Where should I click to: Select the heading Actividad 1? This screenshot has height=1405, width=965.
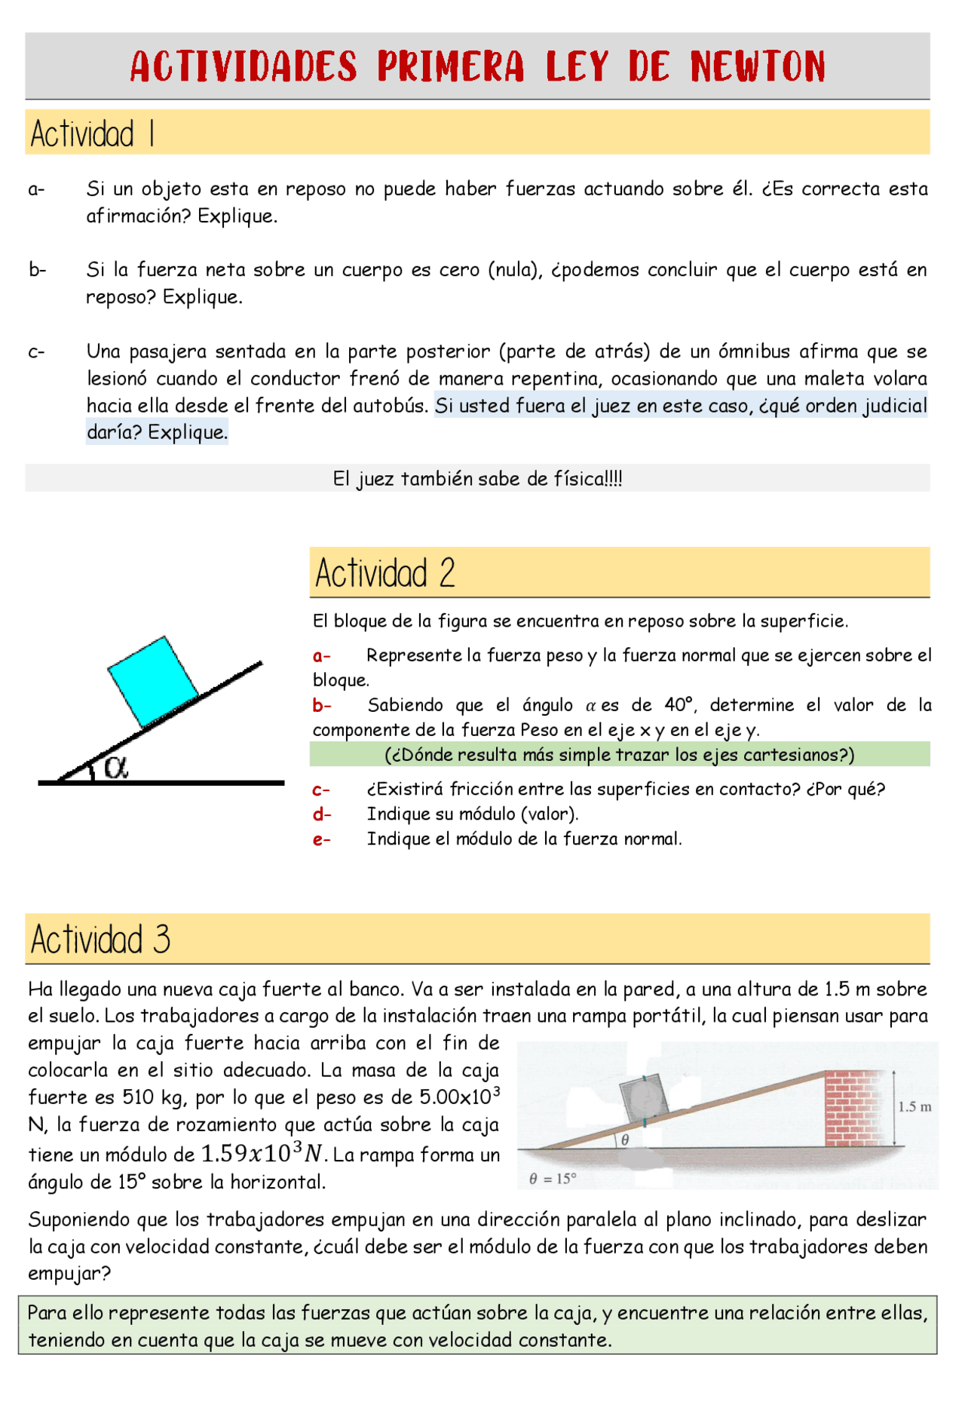click(93, 133)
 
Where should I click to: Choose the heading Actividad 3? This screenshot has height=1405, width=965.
click(100, 939)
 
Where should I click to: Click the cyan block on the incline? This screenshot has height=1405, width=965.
click(154, 681)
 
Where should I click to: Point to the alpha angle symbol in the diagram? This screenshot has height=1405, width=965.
click(116, 767)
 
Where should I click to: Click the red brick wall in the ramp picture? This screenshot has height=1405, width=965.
click(853, 1107)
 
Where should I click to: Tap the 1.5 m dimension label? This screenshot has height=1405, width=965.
click(914, 1106)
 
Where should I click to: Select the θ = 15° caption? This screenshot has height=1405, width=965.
click(553, 1179)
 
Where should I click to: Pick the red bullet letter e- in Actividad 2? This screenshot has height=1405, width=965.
click(322, 839)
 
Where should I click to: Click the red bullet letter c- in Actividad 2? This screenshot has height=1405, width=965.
click(322, 790)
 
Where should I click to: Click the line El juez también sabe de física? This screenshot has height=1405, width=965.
click(477, 479)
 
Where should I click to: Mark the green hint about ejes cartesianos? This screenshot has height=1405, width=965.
click(619, 755)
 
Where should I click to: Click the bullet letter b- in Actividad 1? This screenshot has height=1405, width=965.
click(38, 270)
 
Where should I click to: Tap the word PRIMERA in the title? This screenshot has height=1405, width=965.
click(451, 66)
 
